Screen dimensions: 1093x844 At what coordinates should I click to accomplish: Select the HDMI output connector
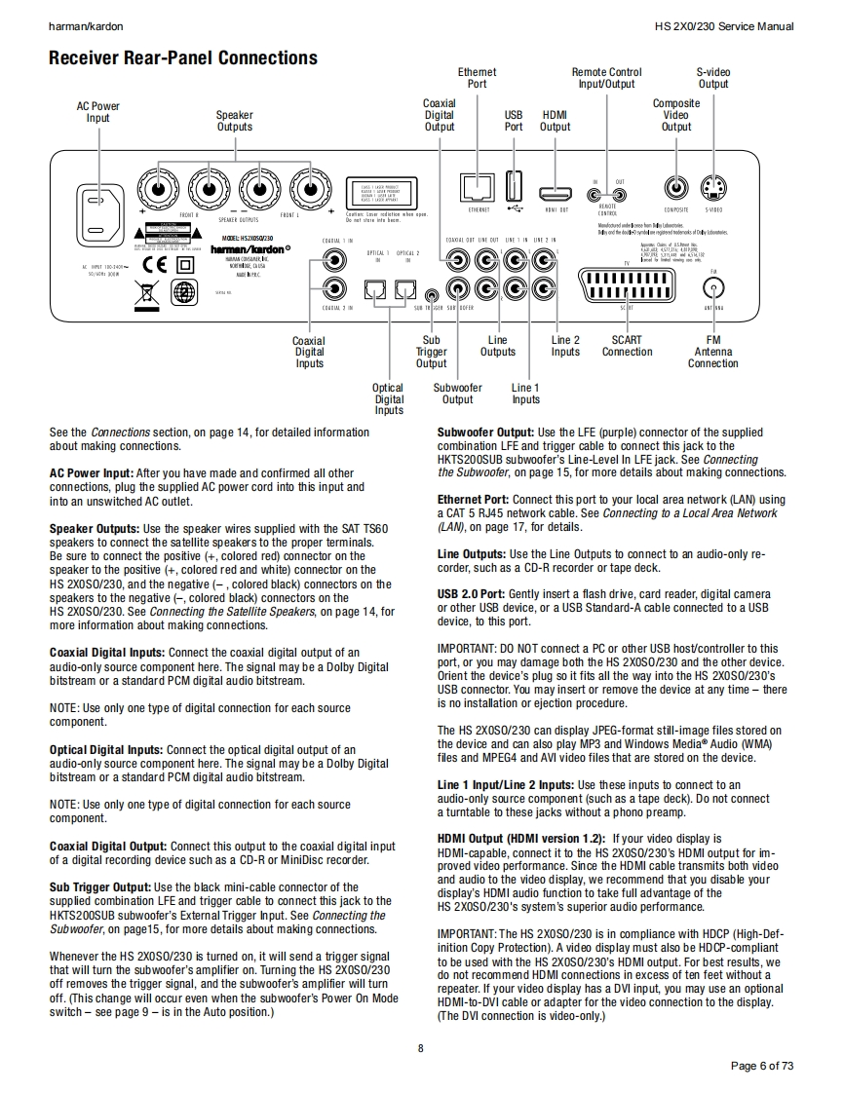[x=556, y=190]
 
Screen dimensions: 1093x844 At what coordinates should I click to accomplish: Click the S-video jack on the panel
[x=713, y=187]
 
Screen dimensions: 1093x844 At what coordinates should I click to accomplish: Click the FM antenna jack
[x=714, y=287]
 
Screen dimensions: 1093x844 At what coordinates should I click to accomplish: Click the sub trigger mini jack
[x=432, y=291]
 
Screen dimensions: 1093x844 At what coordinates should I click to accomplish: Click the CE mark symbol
[x=156, y=264]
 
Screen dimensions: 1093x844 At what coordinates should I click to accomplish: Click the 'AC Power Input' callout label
[x=98, y=112]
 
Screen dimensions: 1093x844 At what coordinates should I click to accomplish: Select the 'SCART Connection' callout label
[x=627, y=346]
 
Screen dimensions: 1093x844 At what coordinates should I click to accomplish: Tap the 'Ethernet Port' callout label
[x=477, y=78]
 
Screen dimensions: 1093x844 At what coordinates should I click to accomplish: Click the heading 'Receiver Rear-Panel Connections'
[x=183, y=58]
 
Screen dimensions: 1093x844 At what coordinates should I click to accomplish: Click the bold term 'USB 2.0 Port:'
[x=472, y=594]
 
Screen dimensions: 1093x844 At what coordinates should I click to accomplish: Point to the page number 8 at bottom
[x=421, y=1048]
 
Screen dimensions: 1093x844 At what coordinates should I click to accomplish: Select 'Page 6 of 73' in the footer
[x=762, y=1066]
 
